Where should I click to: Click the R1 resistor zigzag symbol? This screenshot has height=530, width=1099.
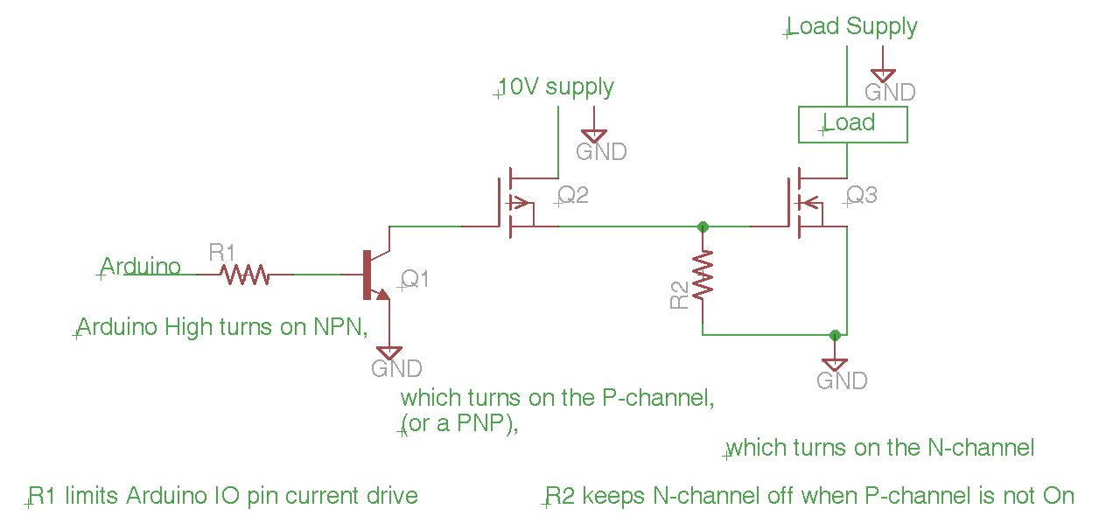[x=244, y=275]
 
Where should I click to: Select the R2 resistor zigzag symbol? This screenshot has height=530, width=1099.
[x=703, y=274]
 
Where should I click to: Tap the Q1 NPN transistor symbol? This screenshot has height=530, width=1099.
[x=376, y=275]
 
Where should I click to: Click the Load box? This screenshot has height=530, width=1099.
[x=853, y=124]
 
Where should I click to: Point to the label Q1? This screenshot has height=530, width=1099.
[x=415, y=280]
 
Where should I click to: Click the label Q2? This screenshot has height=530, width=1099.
[x=573, y=195]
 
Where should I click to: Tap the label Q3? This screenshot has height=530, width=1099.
[x=862, y=195]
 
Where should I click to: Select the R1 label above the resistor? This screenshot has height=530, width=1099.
[x=221, y=253]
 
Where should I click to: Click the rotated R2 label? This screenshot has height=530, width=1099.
[x=679, y=295]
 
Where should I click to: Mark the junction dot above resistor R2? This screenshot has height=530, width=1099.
[x=703, y=227]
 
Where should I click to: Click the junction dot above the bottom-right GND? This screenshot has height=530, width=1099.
[x=835, y=335]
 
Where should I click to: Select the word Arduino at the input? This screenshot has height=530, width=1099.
[x=140, y=267]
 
